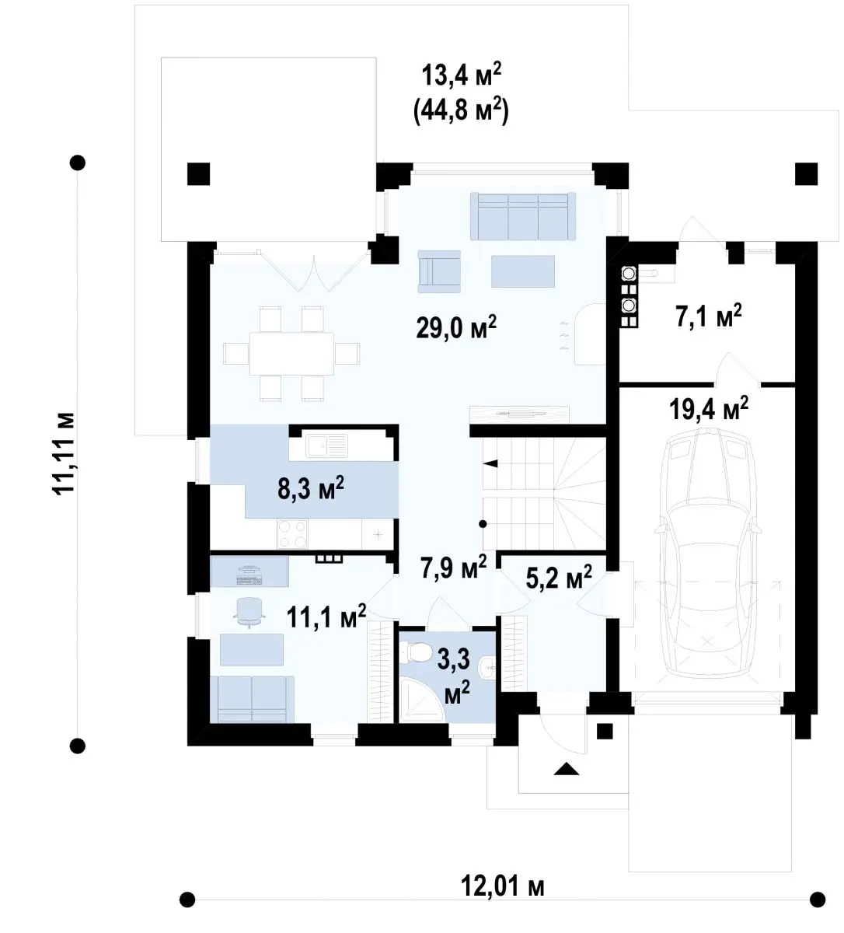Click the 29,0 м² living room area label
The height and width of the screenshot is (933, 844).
(x=456, y=328)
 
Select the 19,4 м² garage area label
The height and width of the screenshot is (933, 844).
(x=709, y=409)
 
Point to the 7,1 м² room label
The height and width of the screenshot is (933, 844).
(x=709, y=316)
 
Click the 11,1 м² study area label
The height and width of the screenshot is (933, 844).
(x=326, y=617)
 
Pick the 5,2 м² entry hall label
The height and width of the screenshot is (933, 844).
(x=559, y=578)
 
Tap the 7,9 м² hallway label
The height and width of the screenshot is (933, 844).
(x=453, y=568)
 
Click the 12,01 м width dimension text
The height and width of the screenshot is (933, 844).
(x=502, y=886)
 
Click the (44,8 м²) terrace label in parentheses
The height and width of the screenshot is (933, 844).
(x=461, y=112)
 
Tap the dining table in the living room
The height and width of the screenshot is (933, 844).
(x=291, y=353)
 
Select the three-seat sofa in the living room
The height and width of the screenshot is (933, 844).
(x=523, y=216)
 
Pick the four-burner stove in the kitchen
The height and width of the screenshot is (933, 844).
(x=292, y=533)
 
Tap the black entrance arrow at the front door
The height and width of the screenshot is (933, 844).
(x=567, y=769)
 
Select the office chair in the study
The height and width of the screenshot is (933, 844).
(x=250, y=612)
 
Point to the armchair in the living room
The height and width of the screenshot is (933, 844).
(x=439, y=271)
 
